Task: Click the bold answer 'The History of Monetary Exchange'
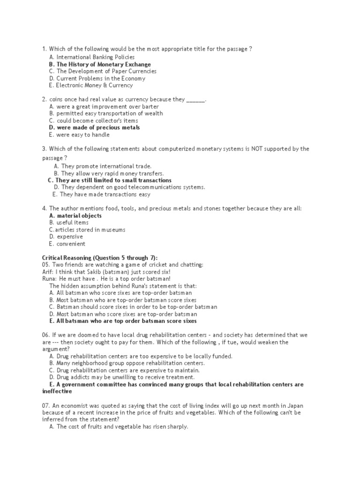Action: tap(104, 64)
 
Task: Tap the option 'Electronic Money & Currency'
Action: tap(94, 85)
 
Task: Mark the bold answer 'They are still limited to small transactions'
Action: tap(113, 180)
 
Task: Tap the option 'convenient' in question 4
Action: tap(71, 244)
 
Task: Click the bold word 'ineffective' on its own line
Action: tap(57, 391)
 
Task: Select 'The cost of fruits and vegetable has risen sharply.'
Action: tap(122, 427)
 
